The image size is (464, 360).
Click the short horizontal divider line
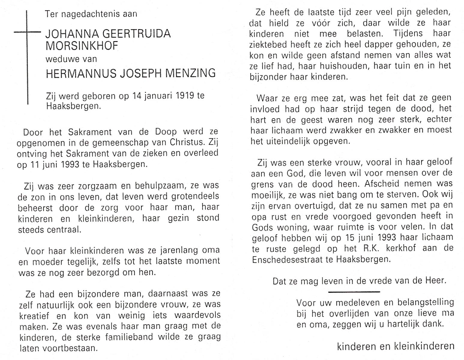click(x=354, y=292)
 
